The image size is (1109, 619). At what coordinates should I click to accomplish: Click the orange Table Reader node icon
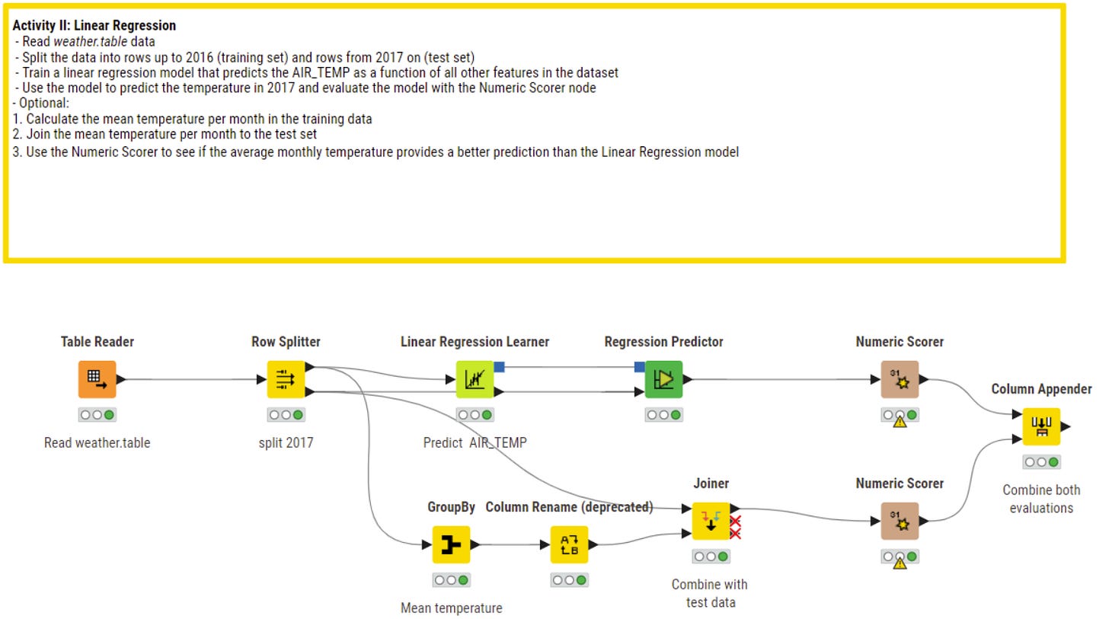tap(97, 379)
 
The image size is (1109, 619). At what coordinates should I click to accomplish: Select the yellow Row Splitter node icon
tap(286, 379)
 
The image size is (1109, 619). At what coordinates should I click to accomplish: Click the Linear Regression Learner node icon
tap(475, 379)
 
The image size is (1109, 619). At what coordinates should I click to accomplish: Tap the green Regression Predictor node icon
tap(663, 379)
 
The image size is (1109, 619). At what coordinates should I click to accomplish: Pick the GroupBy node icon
tap(451, 544)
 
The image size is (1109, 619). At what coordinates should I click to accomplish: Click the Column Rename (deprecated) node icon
tap(569, 544)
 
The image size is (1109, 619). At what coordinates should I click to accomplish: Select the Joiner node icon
tap(711, 521)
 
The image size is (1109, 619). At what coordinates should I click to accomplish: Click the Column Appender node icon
tap(1041, 426)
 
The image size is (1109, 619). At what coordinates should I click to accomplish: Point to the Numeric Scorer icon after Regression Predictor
tap(900, 379)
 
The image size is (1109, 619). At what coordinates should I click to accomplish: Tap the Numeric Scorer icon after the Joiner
tap(900, 521)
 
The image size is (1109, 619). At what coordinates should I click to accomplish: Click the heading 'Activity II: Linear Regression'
tap(94, 26)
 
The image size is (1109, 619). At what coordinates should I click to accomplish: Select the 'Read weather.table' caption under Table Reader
tap(97, 442)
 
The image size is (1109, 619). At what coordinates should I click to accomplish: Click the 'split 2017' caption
tap(286, 442)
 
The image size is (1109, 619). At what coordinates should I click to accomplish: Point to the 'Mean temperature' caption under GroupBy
tap(451, 608)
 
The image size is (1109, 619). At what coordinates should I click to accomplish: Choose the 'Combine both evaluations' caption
tap(1041, 499)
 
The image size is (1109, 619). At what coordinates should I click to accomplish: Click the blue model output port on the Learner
tap(499, 367)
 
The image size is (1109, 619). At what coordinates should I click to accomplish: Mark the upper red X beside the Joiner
tap(736, 522)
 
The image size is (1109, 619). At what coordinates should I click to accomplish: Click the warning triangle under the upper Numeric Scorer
tap(900, 421)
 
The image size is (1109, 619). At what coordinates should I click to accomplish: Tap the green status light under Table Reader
tap(110, 415)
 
